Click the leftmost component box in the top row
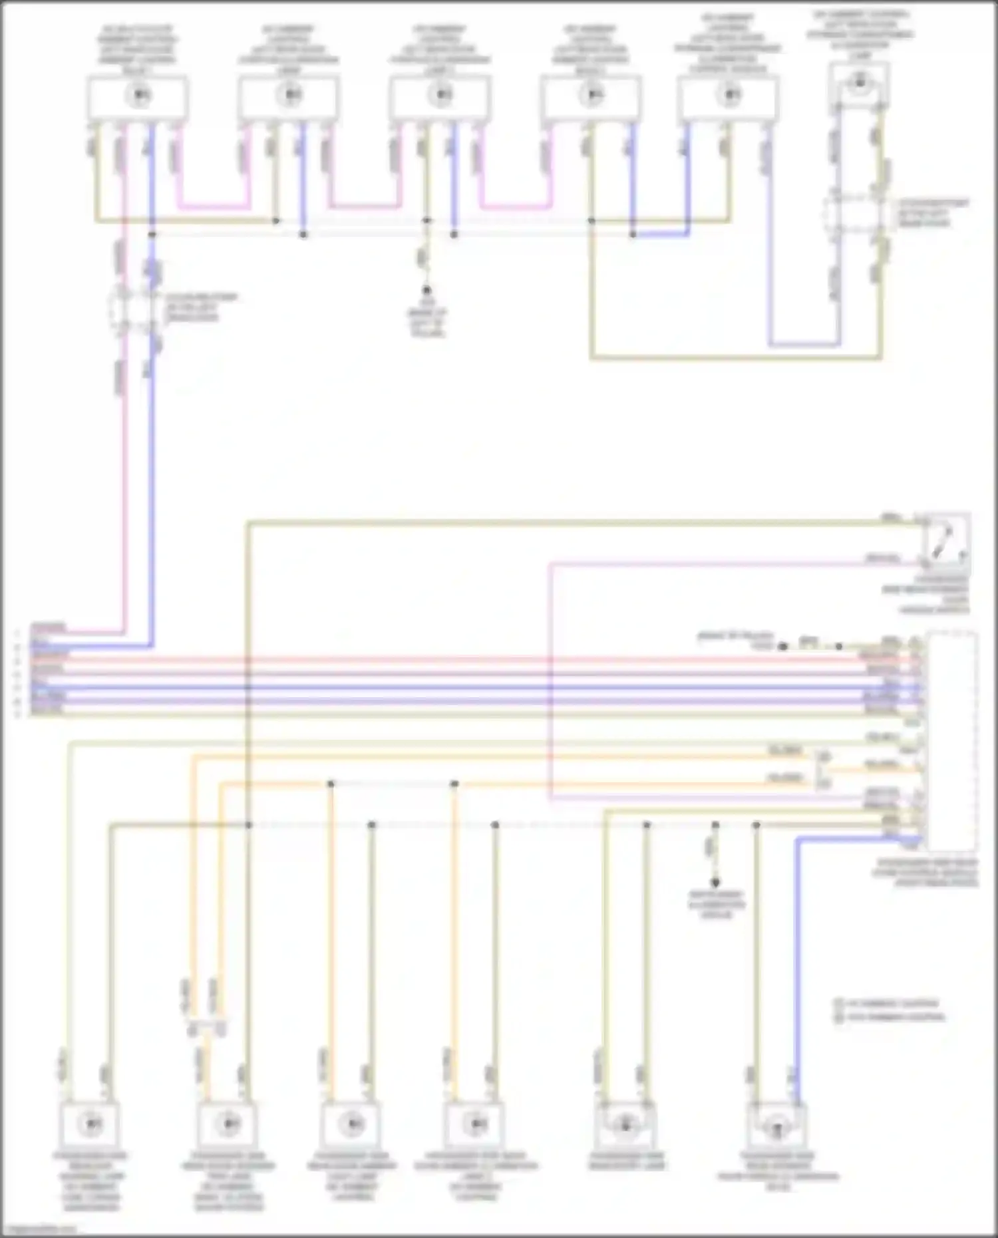tap(137, 97)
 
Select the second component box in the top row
tap(289, 97)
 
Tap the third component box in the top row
tap(440, 97)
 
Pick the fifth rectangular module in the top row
tap(728, 97)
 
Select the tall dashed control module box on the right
tap(953, 742)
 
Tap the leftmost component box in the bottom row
tap(90, 1124)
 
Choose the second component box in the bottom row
tap(227, 1124)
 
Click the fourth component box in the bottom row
tap(474, 1124)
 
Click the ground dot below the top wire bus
tap(426, 290)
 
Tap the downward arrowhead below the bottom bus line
tap(715, 883)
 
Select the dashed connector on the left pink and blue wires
tap(135, 308)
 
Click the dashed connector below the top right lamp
tap(858, 212)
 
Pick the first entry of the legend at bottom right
tap(888, 1003)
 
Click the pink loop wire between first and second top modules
tap(213, 206)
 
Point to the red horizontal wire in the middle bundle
tap(466, 661)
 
